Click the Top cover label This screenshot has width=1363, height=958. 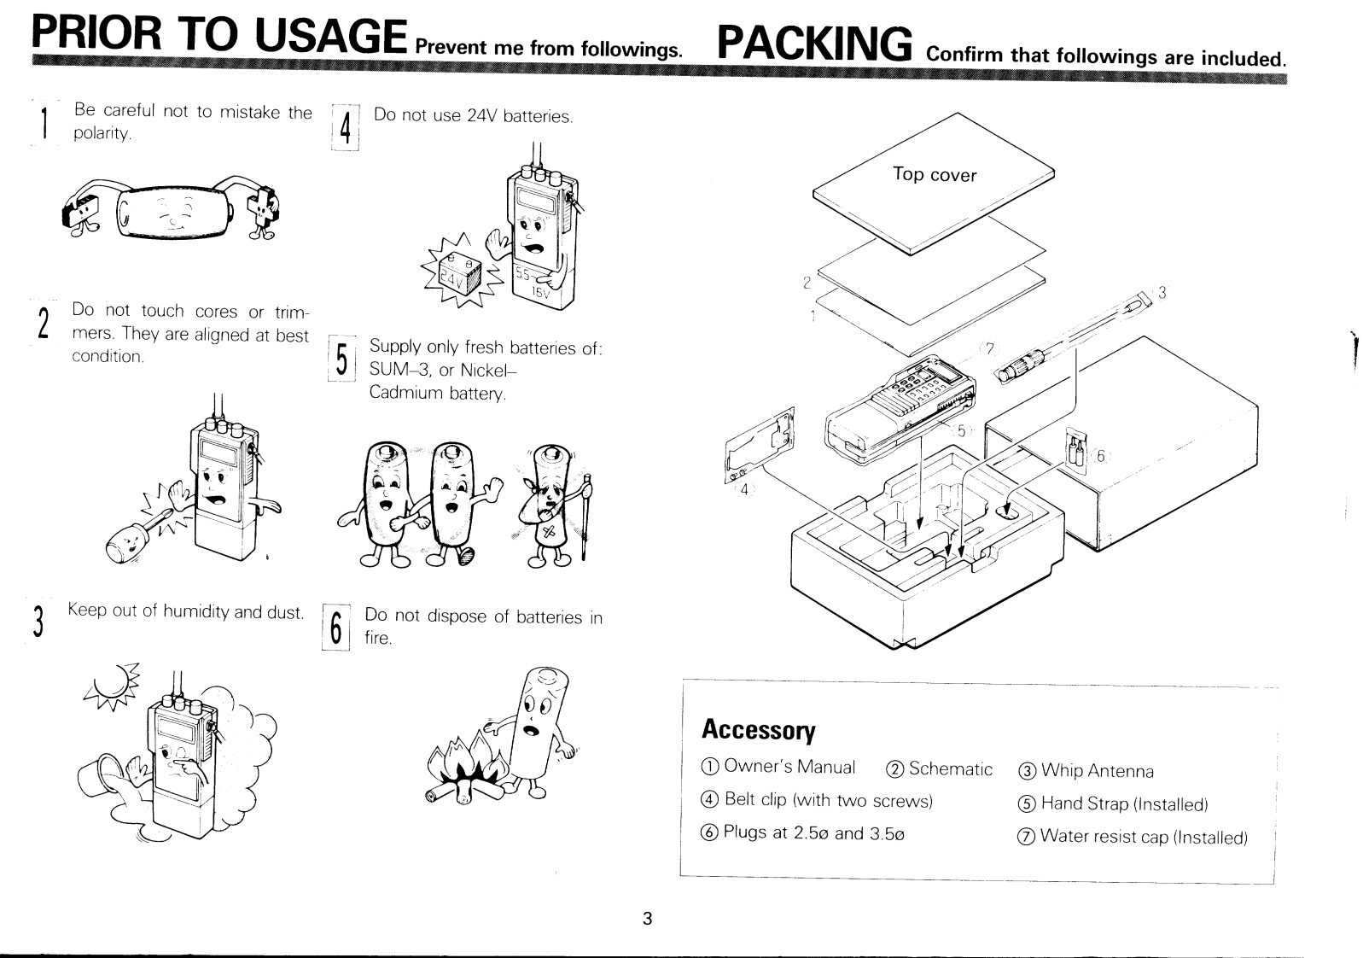[x=934, y=174]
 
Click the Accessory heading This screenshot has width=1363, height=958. [x=758, y=730]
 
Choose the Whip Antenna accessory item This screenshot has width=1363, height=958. [x=1086, y=771]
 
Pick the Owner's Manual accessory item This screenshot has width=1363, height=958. [x=778, y=767]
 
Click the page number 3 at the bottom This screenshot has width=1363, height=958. [x=647, y=919]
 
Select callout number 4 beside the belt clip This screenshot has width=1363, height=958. [x=743, y=489]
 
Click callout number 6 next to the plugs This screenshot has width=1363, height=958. [x=1100, y=456]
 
